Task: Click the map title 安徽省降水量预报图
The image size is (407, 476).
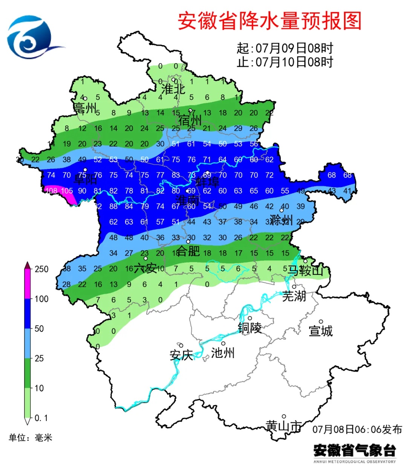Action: [269, 21]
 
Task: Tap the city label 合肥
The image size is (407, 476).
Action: [188, 250]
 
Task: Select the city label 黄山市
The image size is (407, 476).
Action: [283, 426]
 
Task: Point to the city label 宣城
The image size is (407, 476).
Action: [320, 331]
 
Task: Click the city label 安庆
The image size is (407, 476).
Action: [181, 355]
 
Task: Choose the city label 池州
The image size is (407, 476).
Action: [223, 352]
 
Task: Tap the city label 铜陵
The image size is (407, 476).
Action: [249, 328]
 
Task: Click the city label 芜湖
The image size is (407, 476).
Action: [294, 296]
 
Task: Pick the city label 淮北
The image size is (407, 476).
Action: [173, 89]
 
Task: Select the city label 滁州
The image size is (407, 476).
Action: [281, 220]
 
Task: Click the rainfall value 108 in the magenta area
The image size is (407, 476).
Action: [51, 191]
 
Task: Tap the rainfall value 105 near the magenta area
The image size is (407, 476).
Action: [67, 191]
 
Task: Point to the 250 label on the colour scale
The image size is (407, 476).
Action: [41, 269]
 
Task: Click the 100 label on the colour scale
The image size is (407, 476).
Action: [41, 299]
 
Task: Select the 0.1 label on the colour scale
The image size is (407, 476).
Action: [41, 418]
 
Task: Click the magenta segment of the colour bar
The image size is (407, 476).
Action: [28, 284]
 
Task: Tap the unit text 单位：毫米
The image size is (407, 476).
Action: [31, 438]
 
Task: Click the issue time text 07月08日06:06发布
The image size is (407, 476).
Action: [357, 429]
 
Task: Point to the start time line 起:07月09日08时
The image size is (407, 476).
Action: [285, 48]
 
